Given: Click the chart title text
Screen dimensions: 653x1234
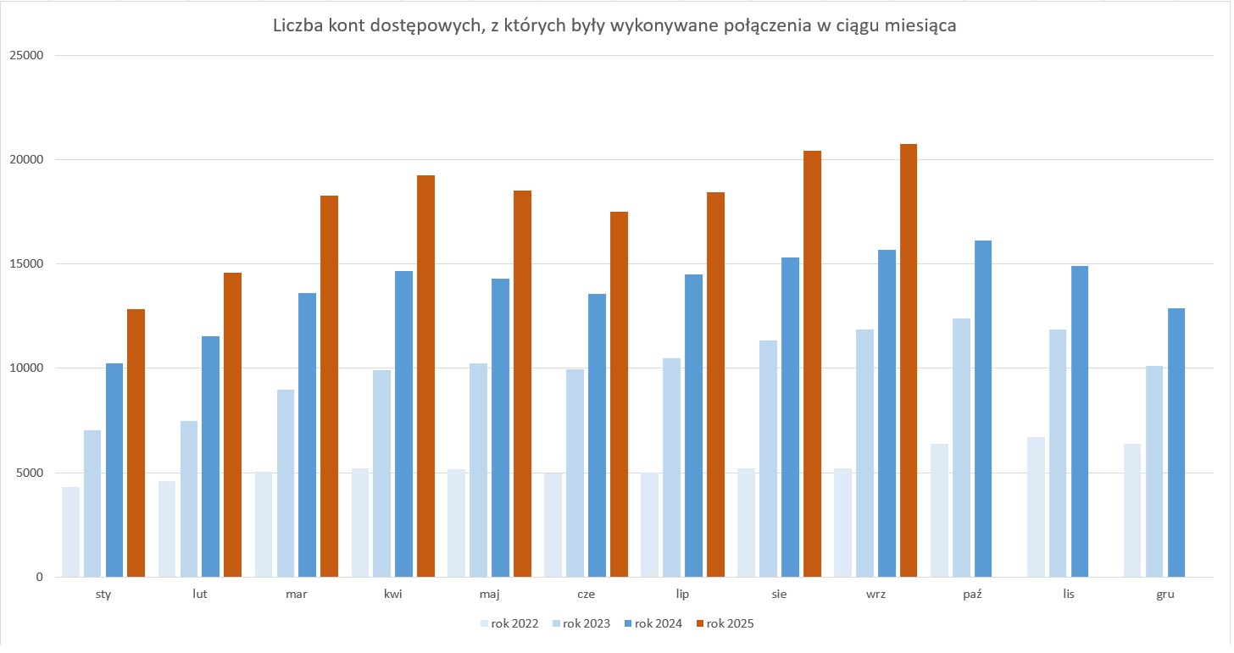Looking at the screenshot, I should (x=614, y=26).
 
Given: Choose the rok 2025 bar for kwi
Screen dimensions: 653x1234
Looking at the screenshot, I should (x=425, y=376).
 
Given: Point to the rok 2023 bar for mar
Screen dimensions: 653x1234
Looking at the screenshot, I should (x=286, y=484).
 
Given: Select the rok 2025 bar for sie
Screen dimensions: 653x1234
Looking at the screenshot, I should (x=812, y=364).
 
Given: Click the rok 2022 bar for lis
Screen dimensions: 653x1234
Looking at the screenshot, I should (x=1036, y=507).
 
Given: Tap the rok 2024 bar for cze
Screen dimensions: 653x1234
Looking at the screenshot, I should (x=597, y=435).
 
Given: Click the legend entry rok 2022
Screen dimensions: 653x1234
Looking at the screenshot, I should (x=509, y=624).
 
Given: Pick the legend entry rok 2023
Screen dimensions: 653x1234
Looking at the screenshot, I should (x=581, y=624).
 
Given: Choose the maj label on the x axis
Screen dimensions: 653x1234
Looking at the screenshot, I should (x=489, y=594).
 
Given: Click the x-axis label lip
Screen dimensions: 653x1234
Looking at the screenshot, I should (x=682, y=594).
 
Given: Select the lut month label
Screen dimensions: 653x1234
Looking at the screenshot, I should (x=199, y=594).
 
